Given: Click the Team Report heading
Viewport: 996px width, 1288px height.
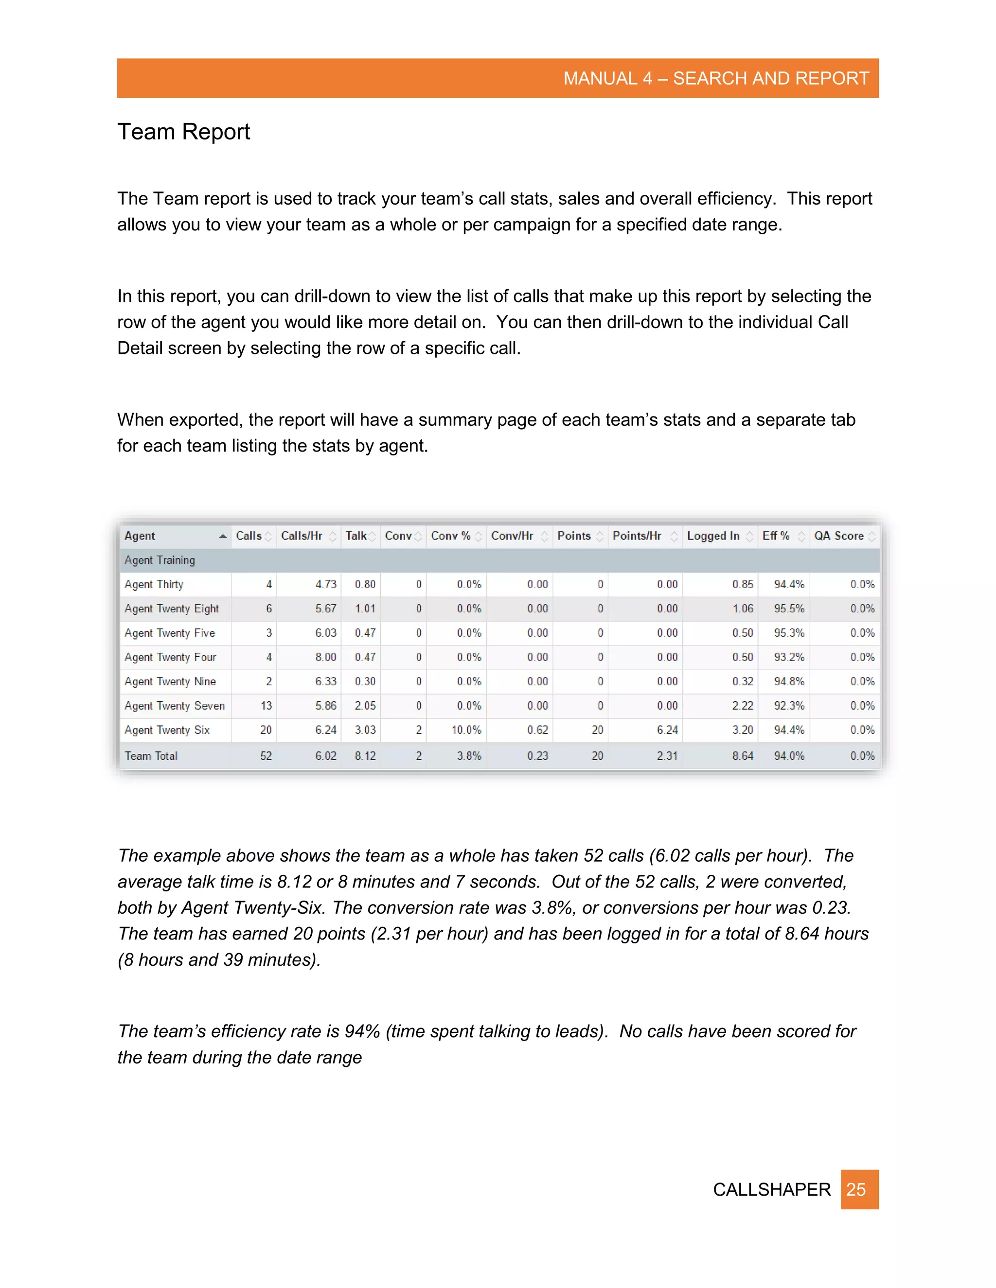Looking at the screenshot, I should (183, 132).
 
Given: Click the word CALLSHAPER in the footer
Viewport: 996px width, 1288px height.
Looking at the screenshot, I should (771, 1189).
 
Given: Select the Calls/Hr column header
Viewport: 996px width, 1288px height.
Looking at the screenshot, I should (302, 536).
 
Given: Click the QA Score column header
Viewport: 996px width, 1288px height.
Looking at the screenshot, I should (838, 536).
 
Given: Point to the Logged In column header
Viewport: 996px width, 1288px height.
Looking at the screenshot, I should (713, 536).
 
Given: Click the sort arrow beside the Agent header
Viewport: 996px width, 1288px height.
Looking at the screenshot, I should (222, 536).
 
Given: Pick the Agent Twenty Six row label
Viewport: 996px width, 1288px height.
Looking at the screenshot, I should (167, 730).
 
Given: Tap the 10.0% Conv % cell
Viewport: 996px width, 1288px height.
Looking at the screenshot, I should (466, 730).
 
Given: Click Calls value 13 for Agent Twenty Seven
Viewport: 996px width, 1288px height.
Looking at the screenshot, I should (266, 705).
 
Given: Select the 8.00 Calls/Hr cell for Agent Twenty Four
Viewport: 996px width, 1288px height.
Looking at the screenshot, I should (325, 657).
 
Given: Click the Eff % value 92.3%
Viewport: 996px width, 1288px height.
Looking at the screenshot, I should (789, 705).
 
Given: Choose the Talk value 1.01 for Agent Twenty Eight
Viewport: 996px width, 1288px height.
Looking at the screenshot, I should (365, 608).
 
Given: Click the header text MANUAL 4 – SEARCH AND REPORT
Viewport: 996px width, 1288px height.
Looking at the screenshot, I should (716, 78).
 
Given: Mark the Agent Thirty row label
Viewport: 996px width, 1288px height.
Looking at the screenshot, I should (154, 584).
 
